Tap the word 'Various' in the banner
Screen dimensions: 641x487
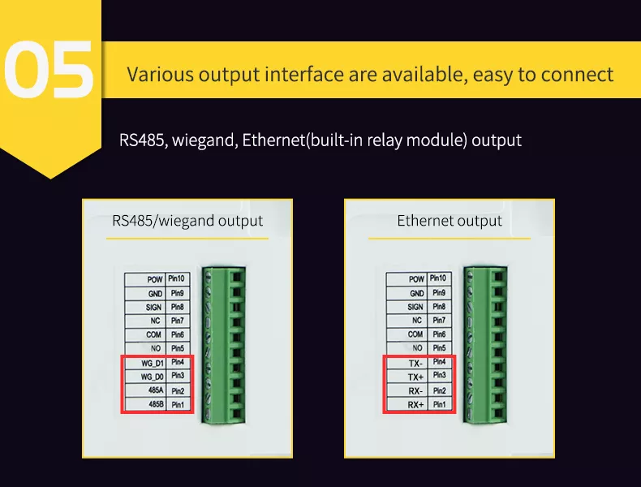pos(158,75)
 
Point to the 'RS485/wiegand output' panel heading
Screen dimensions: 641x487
pos(187,221)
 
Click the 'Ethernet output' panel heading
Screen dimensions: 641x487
pos(450,221)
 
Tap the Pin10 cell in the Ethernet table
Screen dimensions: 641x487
pos(439,278)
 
